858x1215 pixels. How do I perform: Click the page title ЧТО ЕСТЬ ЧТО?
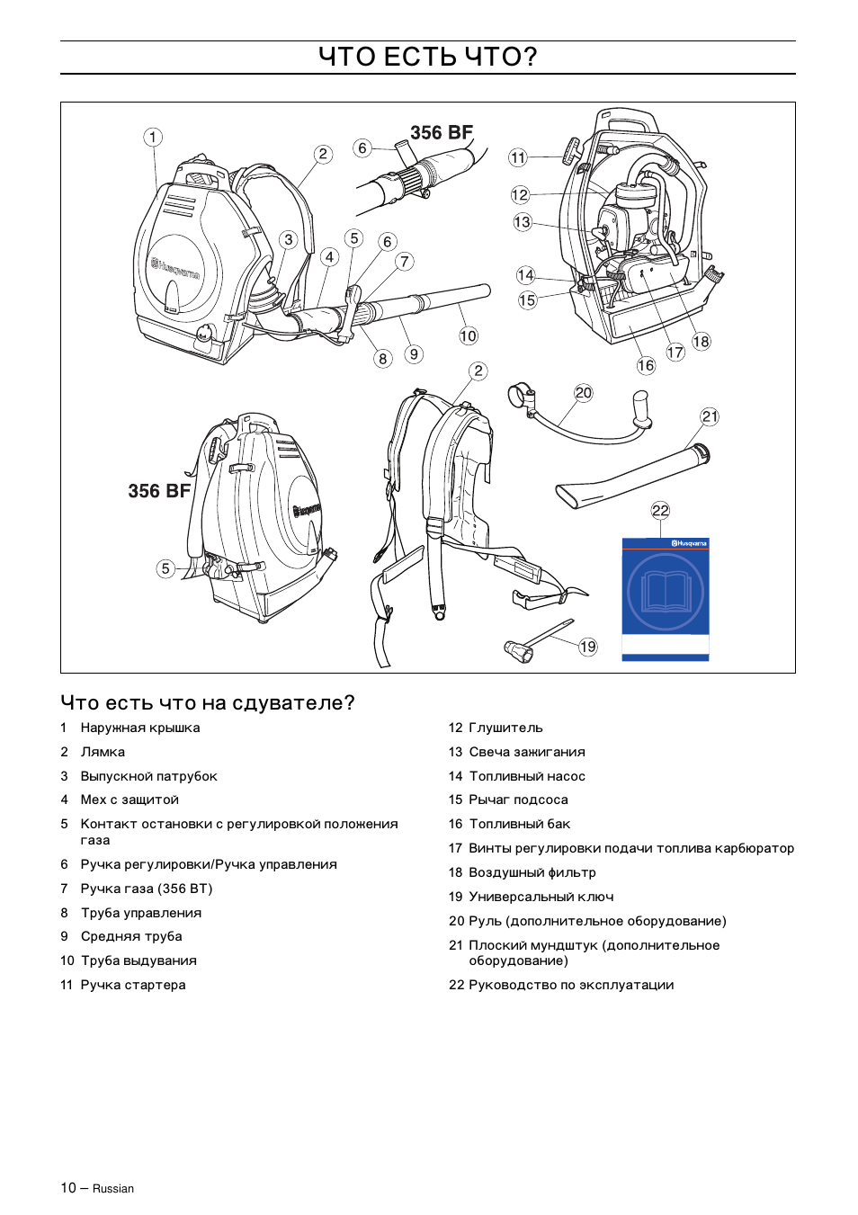point(428,57)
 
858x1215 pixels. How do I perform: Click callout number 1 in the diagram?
point(153,137)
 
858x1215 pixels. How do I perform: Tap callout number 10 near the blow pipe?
point(469,336)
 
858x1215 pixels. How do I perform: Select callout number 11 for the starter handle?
point(518,157)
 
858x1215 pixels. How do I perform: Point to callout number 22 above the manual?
point(660,510)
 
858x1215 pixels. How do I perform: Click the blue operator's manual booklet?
point(666,598)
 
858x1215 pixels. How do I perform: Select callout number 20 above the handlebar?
point(584,392)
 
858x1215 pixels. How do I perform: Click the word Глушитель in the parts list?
point(505,728)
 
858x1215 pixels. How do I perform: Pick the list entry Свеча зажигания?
point(526,752)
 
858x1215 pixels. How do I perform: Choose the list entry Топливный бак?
point(519,824)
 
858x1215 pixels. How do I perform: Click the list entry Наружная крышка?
point(140,728)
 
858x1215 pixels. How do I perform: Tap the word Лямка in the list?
point(103,752)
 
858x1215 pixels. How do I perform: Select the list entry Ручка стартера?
point(133,985)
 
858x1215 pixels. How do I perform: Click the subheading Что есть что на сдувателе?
point(208,702)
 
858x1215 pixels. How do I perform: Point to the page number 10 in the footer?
point(68,1188)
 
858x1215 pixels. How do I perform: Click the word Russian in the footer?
point(113,1189)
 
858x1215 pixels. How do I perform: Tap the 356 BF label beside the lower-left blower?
point(159,491)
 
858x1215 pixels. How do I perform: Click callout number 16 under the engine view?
point(646,365)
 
